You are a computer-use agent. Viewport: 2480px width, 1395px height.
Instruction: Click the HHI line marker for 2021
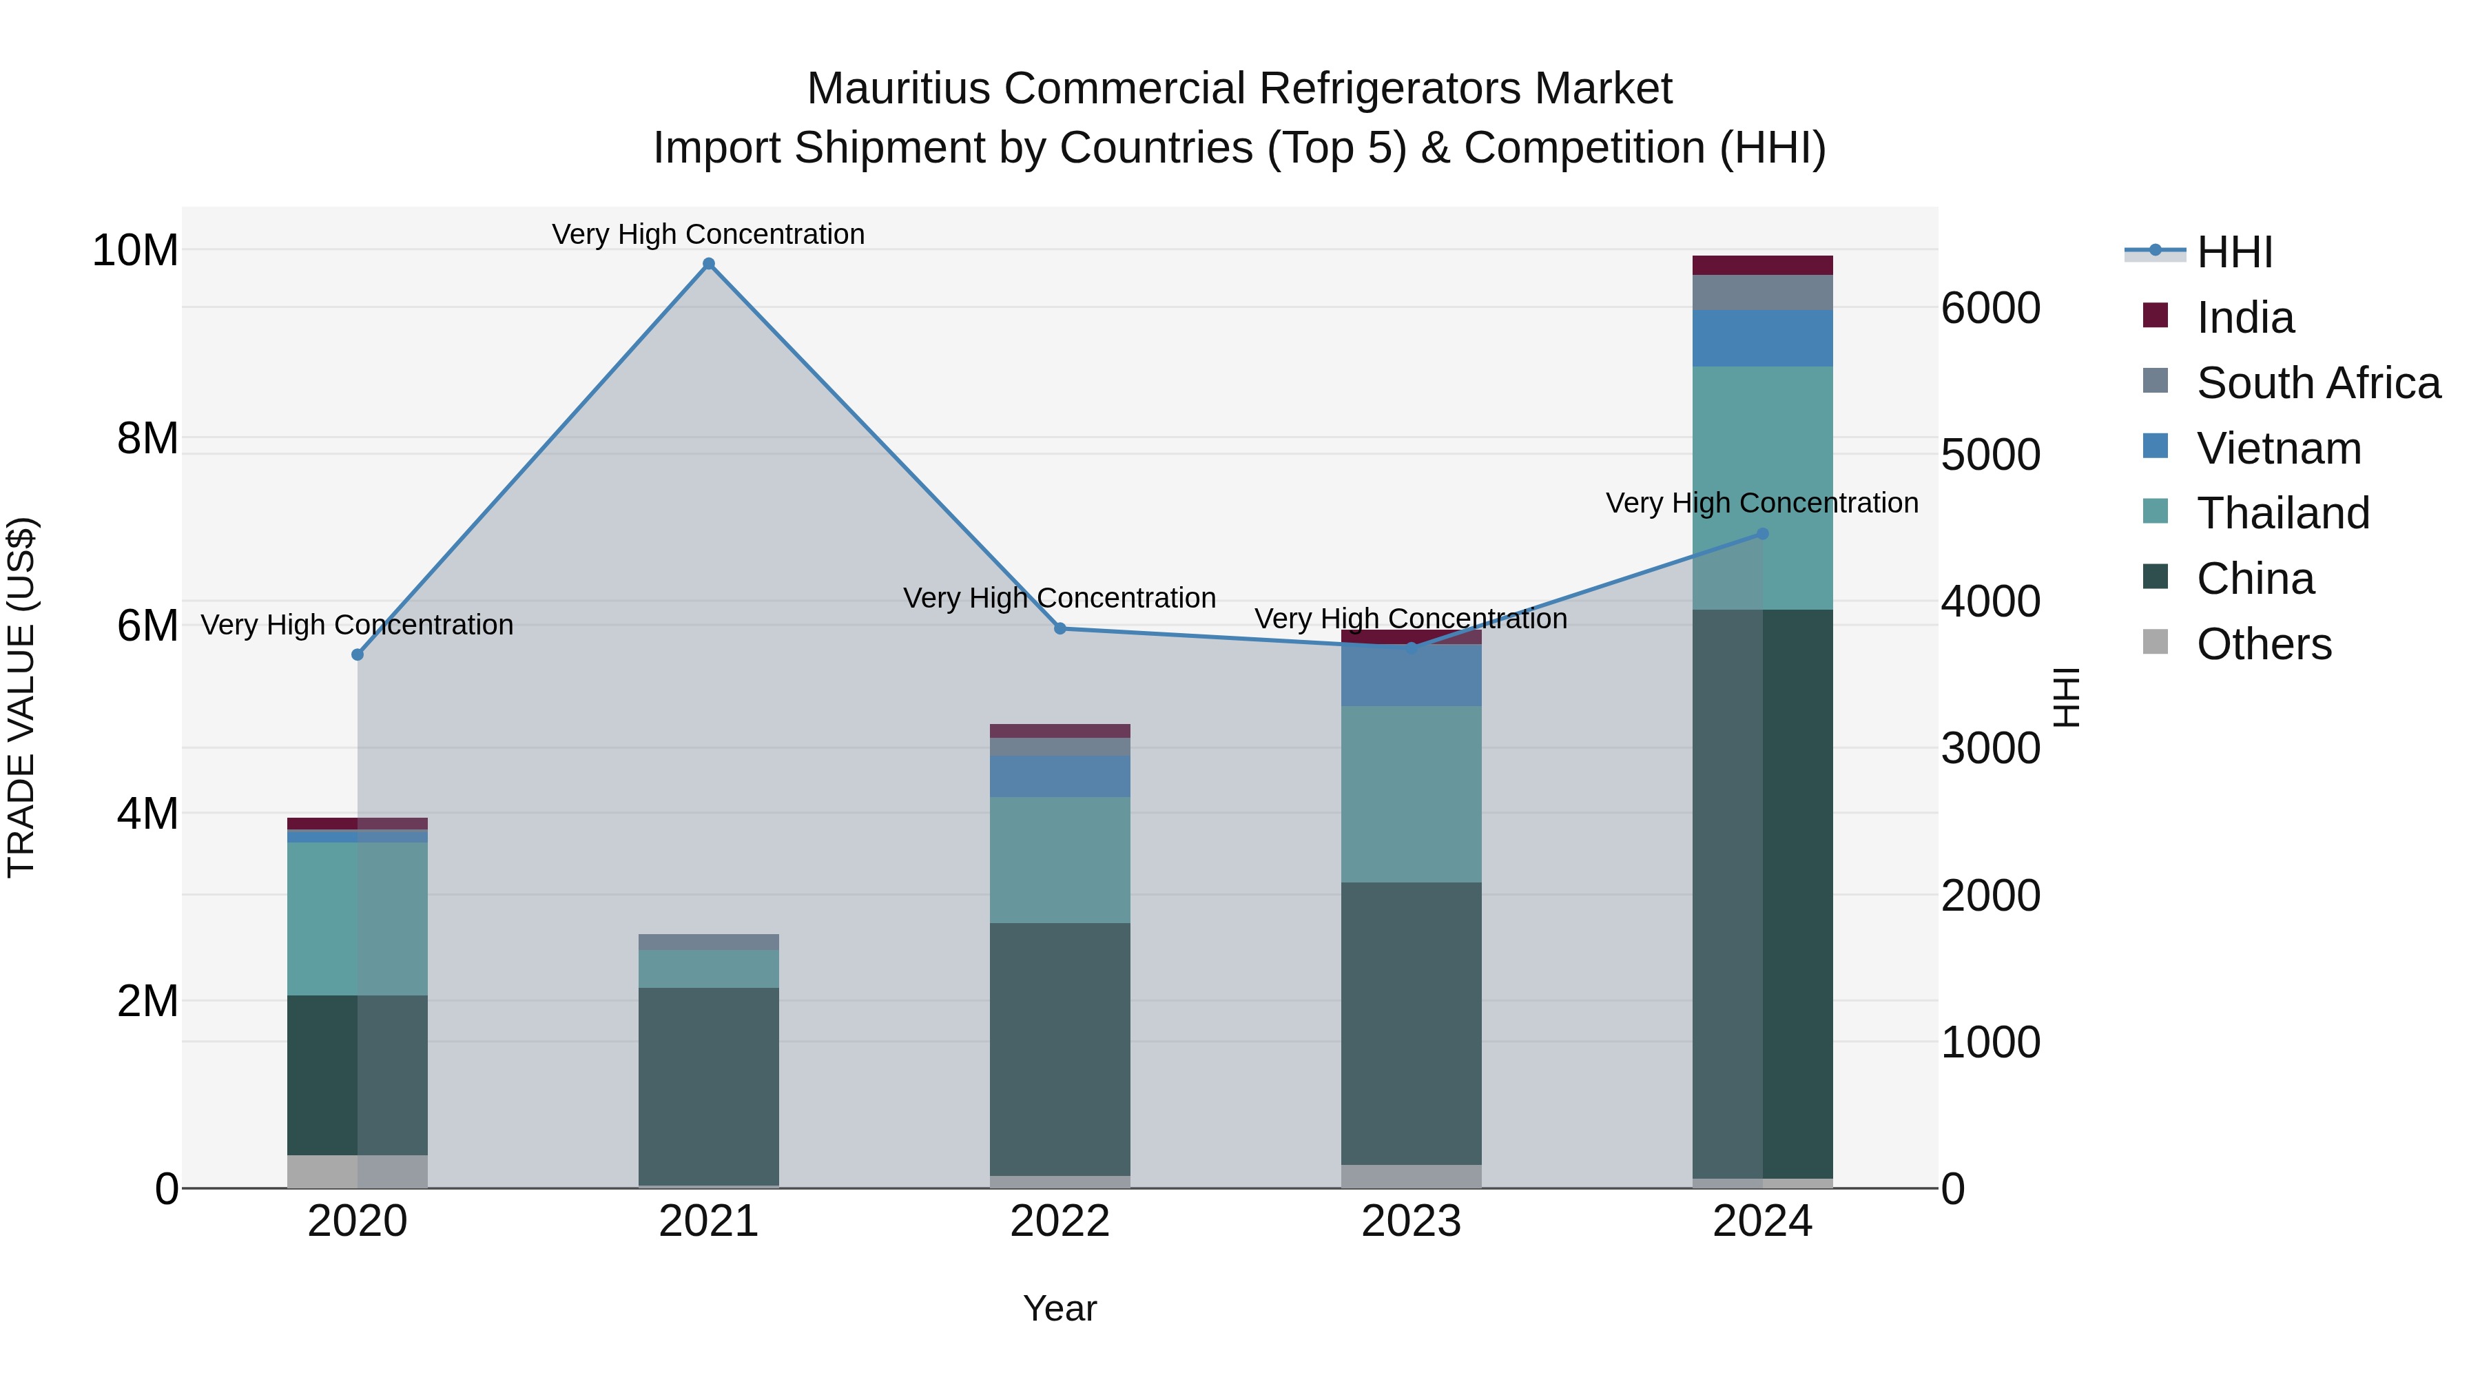[x=709, y=264]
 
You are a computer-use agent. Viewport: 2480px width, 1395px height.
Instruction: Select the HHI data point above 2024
[x=1763, y=533]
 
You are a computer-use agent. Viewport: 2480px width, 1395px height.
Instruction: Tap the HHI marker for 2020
[x=357, y=654]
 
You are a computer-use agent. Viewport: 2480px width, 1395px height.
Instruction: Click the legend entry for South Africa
[x=2318, y=383]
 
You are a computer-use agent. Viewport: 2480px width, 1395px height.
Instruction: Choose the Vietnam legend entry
[x=2278, y=448]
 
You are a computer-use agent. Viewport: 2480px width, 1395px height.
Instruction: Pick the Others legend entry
[x=2264, y=644]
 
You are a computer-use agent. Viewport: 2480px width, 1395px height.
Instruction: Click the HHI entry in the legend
[x=2233, y=252]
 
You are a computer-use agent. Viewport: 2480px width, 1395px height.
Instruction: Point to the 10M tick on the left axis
[x=135, y=250]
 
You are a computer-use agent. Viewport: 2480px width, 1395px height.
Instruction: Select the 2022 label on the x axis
[x=1060, y=1221]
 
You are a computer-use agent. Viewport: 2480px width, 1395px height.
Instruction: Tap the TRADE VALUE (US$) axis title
[x=21, y=697]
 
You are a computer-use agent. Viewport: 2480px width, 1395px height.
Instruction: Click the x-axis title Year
[x=1060, y=1308]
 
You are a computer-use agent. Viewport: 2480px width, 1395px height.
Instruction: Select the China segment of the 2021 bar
[x=709, y=1086]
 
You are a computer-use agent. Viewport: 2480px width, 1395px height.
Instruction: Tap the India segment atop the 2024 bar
[x=1763, y=266]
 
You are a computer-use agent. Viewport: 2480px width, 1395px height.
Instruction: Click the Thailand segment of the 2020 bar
[x=357, y=918]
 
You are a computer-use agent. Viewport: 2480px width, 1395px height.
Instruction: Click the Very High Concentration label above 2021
[x=709, y=234]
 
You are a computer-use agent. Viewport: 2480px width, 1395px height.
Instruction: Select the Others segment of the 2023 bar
[x=1412, y=1177]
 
